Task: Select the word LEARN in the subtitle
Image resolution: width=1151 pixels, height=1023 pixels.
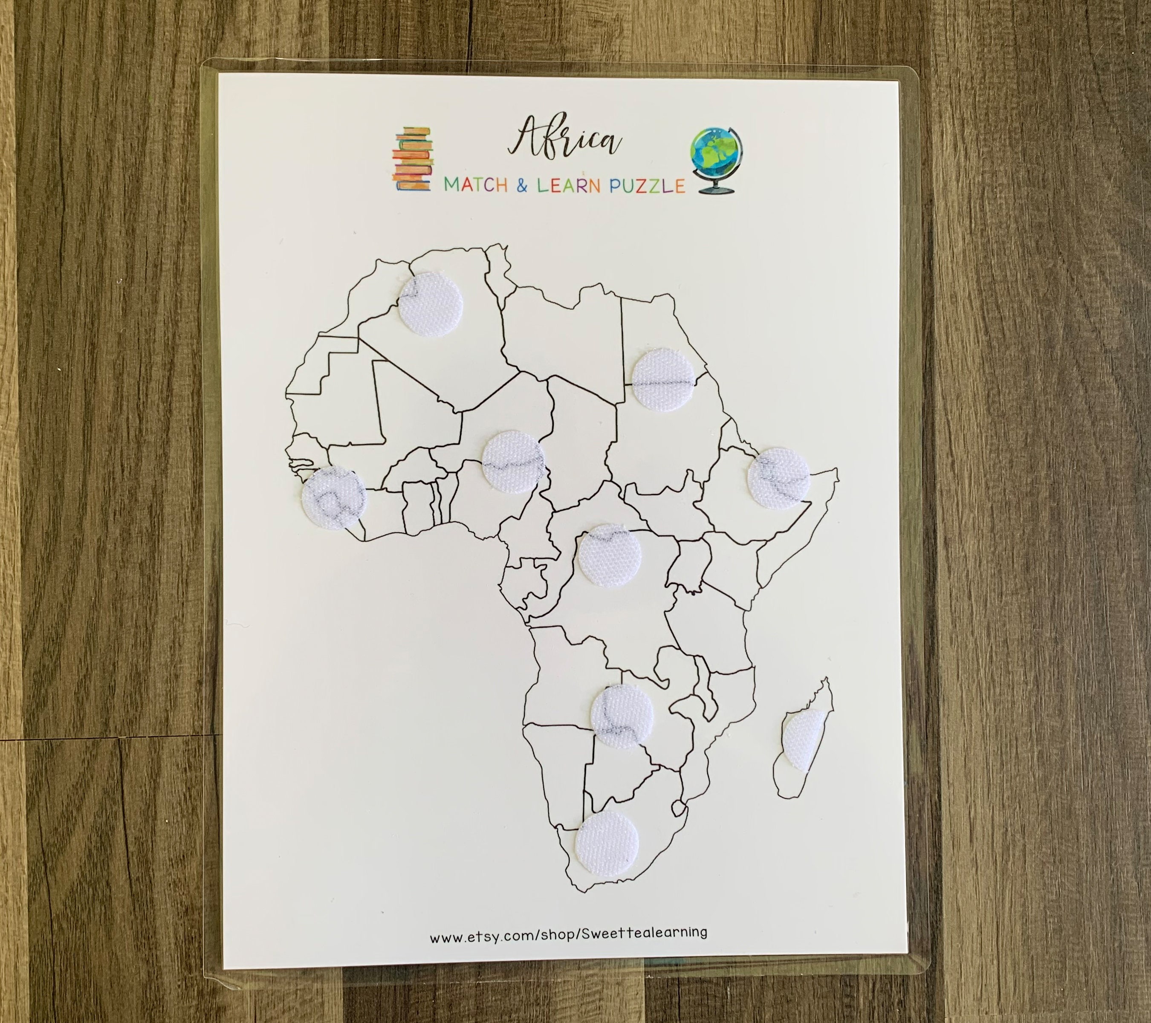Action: [569, 185]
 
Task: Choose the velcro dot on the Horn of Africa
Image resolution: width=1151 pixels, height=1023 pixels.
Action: [779, 479]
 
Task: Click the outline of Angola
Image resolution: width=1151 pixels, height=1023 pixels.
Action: [563, 676]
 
